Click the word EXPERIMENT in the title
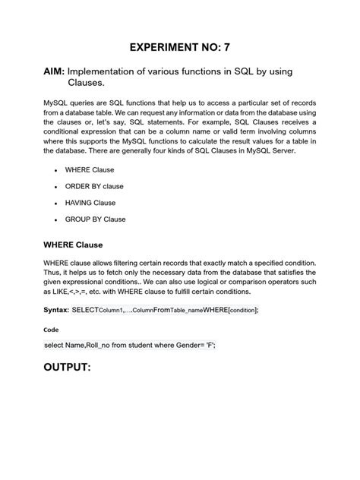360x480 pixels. tap(167, 47)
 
